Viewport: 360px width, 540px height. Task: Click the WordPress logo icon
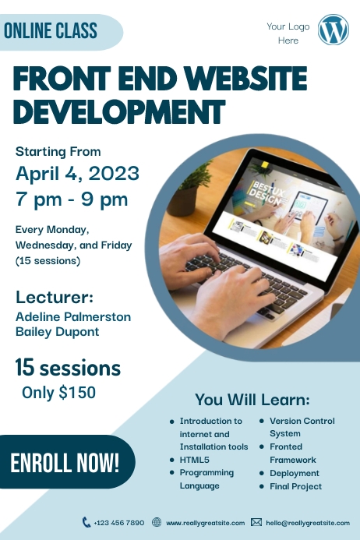(x=334, y=30)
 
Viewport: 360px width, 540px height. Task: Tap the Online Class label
(x=51, y=31)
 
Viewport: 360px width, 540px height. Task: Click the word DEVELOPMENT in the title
(x=119, y=111)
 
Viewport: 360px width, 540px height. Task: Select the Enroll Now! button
(x=65, y=462)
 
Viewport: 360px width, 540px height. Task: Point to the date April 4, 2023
(x=77, y=172)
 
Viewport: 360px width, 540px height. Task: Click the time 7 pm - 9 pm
(x=72, y=199)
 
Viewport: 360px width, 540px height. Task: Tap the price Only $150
(x=58, y=393)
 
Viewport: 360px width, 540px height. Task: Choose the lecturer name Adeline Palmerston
(x=73, y=317)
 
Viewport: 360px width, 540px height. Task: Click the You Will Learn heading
(x=252, y=400)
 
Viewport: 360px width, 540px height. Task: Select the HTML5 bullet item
(x=194, y=460)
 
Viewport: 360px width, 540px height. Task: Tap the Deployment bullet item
(x=295, y=473)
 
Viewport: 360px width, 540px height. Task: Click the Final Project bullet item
(x=296, y=486)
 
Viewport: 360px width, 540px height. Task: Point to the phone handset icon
(x=86, y=522)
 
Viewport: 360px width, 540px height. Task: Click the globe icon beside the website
(x=157, y=522)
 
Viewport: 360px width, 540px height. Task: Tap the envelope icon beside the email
(x=256, y=522)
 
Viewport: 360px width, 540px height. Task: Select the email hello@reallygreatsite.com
(x=307, y=523)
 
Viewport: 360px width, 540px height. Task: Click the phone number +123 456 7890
(x=118, y=523)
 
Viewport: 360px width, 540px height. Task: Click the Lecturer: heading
(x=55, y=297)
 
